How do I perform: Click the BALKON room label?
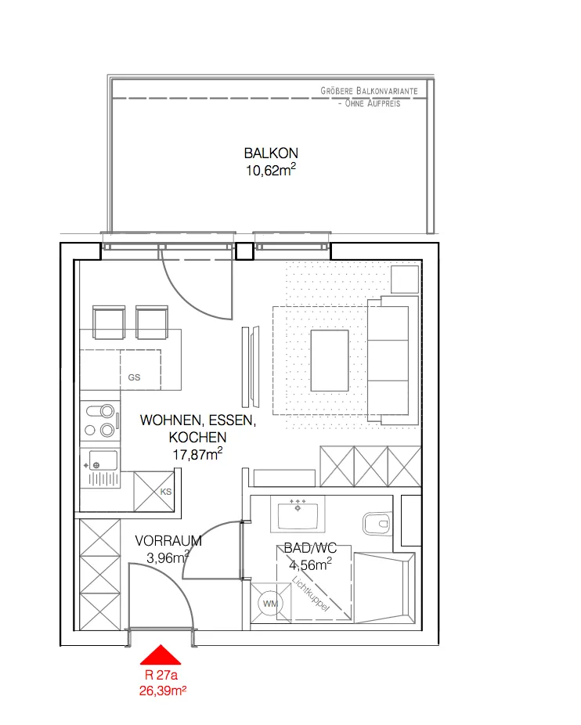point(271,153)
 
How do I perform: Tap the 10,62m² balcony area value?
point(271,170)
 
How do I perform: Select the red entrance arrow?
point(161,655)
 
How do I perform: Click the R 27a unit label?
point(161,675)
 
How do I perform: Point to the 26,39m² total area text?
point(163,691)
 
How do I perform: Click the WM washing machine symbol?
point(270,604)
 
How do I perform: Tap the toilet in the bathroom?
point(377,524)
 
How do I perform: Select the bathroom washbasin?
point(298,514)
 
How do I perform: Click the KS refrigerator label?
point(165,492)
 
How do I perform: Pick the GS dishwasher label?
point(134,377)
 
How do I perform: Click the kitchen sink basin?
point(103,460)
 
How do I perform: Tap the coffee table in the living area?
point(330,361)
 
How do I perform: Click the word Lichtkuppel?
point(310,593)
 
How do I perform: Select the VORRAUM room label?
point(168,540)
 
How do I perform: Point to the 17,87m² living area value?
point(197,454)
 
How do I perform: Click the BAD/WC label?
point(310,548)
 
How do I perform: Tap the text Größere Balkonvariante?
point(369,91)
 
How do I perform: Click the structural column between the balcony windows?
point(245,251)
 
